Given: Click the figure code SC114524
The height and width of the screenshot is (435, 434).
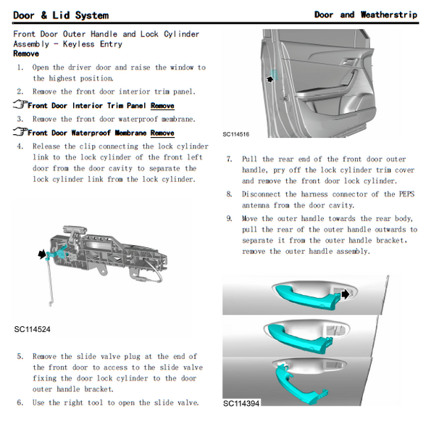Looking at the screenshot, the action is (32, 329).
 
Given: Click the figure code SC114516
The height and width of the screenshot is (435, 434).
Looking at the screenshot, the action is (236, 134).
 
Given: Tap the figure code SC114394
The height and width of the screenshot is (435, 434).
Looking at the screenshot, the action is (241, 403).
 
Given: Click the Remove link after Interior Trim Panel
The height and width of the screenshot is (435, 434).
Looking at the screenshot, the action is (162, 106).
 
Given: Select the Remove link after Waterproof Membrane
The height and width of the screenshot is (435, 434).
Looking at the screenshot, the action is (162, 133).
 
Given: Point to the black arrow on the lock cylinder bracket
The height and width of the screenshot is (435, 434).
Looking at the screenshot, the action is (42, 254).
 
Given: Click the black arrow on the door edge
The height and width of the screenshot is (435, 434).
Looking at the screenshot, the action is (270, 79).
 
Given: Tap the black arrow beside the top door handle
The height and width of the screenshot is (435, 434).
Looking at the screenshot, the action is (346, 294).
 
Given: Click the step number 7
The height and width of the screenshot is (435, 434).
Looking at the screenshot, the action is (229, 159).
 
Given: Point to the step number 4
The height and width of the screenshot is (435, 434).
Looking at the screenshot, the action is (20, 146).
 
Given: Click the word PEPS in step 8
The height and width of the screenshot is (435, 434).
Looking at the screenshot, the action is (406, 194).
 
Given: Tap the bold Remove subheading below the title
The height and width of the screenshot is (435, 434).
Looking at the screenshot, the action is (26, 54).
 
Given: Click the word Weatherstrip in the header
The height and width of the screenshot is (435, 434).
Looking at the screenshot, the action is (389, 14).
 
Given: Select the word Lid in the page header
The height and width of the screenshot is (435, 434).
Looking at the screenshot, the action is (61, 15).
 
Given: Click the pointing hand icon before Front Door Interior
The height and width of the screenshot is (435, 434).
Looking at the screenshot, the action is (20, 104).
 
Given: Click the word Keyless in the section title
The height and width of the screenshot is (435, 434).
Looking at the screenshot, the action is (79, 44).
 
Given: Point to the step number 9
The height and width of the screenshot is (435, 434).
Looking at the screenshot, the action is (229, 218).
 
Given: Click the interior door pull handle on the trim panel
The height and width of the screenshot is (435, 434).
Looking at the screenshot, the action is (349, 62).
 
